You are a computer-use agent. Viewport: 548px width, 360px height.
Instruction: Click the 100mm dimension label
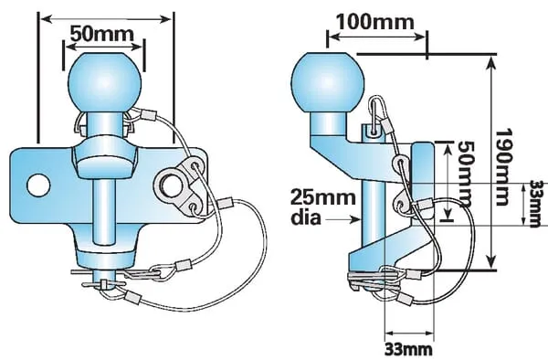pyautogui.click(x=375, y=22)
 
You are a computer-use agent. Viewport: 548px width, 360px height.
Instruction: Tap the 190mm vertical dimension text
pyautogui.click(x=504, y=167)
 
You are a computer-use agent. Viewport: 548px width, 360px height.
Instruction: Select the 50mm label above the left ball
pyautogui.click(x=102, y=34)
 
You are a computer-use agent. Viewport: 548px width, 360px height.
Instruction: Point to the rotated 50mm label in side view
pyautogui.click(x=465, y=174)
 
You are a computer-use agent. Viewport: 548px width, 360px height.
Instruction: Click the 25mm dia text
pyautogui.click(x=322, y=207)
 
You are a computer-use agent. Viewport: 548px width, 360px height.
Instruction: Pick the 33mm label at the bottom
pyautogui.click(x=408, y=349)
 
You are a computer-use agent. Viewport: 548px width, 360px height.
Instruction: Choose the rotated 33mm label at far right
pyautogui.click(x=538, y=204)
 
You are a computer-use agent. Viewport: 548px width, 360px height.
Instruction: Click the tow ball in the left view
pyautogui.click(x=105, y=82)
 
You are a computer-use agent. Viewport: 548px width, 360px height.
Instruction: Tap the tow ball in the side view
pyautogui.click(x=328, y=83)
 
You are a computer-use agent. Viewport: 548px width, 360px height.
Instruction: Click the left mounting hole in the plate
pyautogui.click(x=38, y=185)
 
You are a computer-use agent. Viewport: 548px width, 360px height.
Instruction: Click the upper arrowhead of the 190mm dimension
pyautogui.click(x=491, y=62)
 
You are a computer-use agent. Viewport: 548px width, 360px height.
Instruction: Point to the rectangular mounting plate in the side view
pyautogui.click(x=423, y=183)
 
